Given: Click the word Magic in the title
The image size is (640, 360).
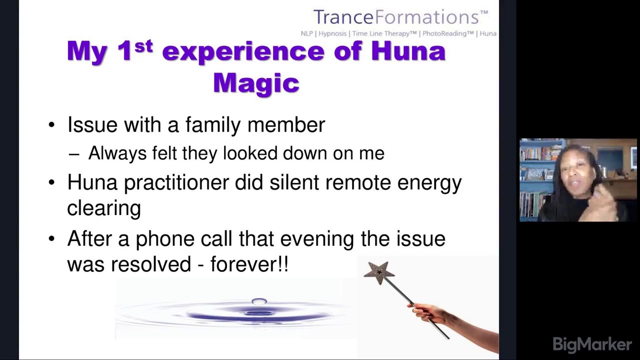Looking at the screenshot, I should pos(256,82).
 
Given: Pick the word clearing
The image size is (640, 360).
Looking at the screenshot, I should pos(104,208).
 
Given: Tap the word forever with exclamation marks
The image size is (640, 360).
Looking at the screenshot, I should pos(249,264).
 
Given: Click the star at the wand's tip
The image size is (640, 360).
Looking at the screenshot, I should pos(379,273).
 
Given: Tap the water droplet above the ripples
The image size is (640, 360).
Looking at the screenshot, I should pos(259,301).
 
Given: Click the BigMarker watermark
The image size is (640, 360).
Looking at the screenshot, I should pos(592,344).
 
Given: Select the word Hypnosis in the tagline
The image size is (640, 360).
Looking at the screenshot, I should pos(332,33).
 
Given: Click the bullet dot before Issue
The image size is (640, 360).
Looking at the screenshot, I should pos(52,125).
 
